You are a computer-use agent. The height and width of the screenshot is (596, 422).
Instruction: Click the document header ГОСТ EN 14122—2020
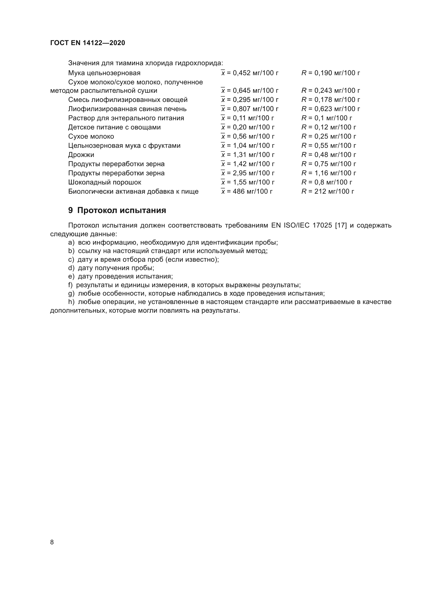click(88, 43)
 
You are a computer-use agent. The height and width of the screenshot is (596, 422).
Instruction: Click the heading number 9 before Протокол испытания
click(70, 210)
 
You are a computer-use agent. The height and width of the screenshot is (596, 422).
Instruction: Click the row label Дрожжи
click(81, 155)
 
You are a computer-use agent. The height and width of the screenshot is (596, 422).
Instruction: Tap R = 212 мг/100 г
click(328, 192)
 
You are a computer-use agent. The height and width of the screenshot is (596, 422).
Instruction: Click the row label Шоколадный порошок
click(105, 182)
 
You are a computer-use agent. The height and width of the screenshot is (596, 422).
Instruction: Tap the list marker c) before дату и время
click(71, 260)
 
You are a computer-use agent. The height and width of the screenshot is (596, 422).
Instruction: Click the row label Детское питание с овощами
click(114, 127)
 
